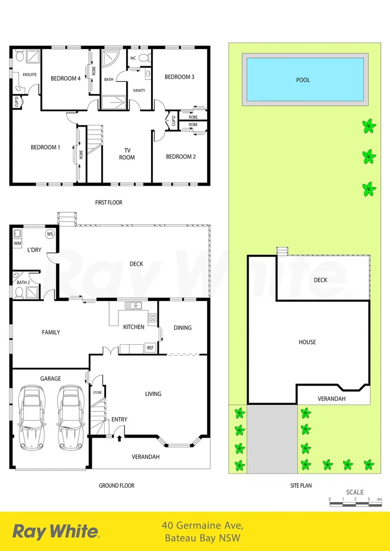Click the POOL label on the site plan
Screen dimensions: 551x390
coord(303,80)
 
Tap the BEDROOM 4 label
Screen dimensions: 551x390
coord(65,79)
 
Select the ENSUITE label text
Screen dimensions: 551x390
coord(30,74)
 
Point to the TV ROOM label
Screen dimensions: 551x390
coord(127,154)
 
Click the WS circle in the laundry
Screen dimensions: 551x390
coord(50,234)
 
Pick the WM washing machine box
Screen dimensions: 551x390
coord(17,244)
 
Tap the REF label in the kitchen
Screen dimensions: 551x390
coord(150,348)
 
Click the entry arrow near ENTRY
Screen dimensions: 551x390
coord(119,437)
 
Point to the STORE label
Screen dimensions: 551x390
coord(97,392)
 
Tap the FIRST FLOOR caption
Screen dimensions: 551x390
coord(109,203)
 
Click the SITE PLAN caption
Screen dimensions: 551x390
coord(301,486)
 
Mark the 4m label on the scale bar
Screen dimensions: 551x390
coord(379,499)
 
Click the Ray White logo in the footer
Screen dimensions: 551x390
coord(56,531)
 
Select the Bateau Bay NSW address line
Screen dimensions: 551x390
coord(203,538)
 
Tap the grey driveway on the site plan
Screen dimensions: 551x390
coord(272,439)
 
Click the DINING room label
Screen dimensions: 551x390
coord(182,328)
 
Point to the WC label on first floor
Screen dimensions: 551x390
coord(133,58)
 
